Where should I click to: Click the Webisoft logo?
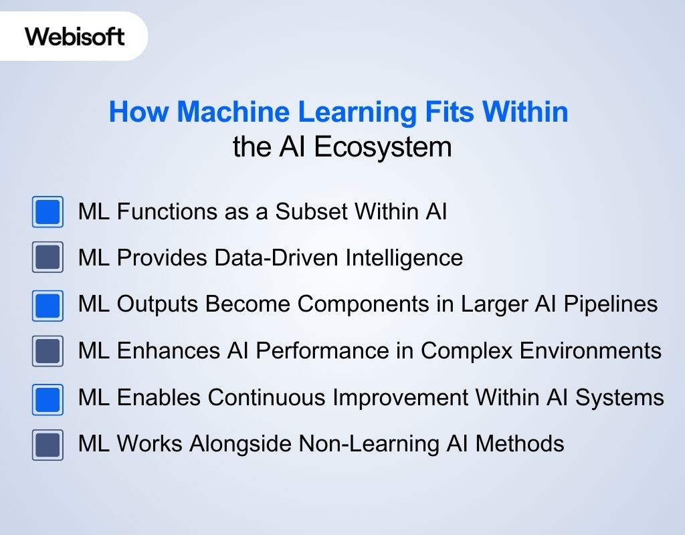[75, 36]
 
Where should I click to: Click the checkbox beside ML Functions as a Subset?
[47, 212]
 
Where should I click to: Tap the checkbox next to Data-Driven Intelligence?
[47, 257]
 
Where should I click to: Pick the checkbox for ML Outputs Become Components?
[47, 305]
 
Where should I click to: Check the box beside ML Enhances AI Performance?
[47, 351]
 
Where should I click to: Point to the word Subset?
[312, 212]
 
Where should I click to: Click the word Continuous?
[272, 398]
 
